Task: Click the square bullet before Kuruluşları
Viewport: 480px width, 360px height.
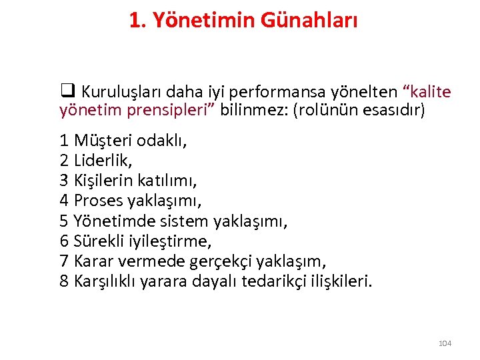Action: click(x=67, y=91)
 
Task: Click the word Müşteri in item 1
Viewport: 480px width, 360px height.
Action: click(x=103, y=141)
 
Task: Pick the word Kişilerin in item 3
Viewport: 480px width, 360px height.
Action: click(x=103, y=181)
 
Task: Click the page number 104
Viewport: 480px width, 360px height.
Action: click(x=445, y=343)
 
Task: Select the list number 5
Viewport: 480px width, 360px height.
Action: click(x=65, y=221)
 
